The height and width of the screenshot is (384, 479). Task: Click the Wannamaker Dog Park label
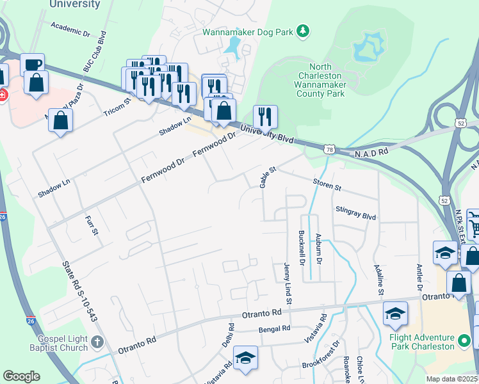pos(248,31)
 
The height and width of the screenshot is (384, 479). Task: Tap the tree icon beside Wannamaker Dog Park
pos(303,31)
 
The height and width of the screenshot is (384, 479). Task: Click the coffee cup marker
pos(32,64)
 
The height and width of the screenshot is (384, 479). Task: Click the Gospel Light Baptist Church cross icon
pos(97,342)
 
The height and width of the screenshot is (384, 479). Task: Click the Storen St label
pos(327,186)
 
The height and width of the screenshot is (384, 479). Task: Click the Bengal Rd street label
pos(274,328)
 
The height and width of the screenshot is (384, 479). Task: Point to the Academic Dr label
pos(70,29)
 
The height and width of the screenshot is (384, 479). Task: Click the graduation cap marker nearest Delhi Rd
pos(245,358)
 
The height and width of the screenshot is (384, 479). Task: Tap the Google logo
pos(21,376)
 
